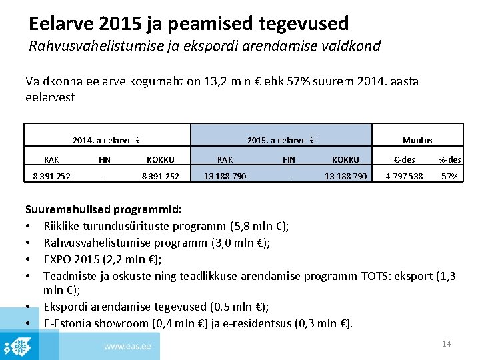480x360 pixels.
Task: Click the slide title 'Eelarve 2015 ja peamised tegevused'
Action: tap(189, 24)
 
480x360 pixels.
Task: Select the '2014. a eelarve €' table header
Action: tap(108, 140)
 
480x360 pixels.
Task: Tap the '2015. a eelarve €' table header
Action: tap(281, 140)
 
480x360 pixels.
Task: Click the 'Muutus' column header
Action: tap(417, 140)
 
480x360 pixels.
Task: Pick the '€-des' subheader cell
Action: tap(404, 159)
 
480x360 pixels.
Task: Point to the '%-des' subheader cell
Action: tap(449, 159)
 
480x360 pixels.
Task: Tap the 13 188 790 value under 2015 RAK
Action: tap(225, 177)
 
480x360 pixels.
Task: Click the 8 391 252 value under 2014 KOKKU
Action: tap(160, 177)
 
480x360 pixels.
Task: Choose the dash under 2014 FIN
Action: tap(105, 177)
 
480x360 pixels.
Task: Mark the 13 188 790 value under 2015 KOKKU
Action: tap(345, 177)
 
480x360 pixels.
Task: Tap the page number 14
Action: tap(447, 343)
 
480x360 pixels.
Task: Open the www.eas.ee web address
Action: tap(127, 346)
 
